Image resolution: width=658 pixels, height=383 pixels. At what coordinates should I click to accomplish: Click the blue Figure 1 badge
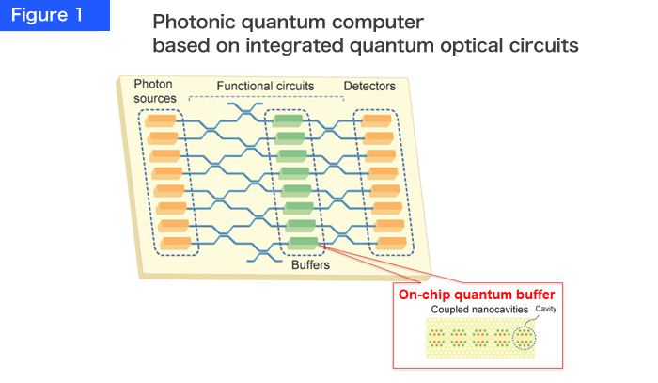coord(55,15)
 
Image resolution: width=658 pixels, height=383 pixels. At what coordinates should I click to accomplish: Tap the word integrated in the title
coord(294,45)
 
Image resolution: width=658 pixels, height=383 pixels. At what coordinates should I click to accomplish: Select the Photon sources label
coord(155,91)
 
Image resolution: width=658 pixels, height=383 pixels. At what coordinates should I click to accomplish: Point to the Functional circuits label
coord(265,86)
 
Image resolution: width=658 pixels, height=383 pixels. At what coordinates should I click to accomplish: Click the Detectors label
coord(369,86)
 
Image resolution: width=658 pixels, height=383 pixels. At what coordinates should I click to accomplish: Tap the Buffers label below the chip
coord(310,265)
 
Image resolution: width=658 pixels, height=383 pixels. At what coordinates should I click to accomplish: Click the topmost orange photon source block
coord(161,121)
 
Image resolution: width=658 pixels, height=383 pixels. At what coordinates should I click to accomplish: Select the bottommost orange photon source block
coord(177,244)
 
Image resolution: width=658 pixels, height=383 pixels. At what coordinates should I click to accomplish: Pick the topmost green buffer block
coord(288,121)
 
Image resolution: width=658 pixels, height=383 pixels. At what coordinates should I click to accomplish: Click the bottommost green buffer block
coord(303,244)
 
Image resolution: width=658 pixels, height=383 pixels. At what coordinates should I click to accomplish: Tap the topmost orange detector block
coord(376,121)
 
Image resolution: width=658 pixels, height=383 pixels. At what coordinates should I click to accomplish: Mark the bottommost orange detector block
coord(392,244)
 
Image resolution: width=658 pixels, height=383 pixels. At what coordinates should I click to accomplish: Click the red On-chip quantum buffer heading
coord(477,295)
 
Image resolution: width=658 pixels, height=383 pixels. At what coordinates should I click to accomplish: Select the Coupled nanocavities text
coord(479,310)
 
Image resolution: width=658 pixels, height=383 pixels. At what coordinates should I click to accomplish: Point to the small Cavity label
coord(546,309)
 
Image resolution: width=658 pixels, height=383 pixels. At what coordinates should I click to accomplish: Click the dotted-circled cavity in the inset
coord(525,338)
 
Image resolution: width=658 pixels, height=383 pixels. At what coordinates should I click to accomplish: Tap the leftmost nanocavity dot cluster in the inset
coord(437,338)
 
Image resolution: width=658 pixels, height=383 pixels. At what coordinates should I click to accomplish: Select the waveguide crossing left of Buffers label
coord(264,254)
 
